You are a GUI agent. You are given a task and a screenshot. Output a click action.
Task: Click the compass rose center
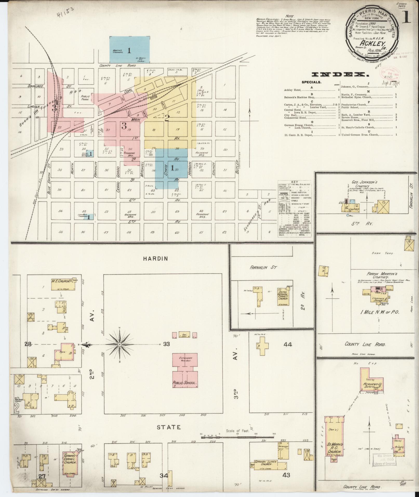click(x=119, y=344)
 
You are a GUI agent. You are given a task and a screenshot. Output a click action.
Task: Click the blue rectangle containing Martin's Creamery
click(x=129, y=50)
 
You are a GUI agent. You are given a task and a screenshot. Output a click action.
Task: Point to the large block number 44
click(x=288, y=344)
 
